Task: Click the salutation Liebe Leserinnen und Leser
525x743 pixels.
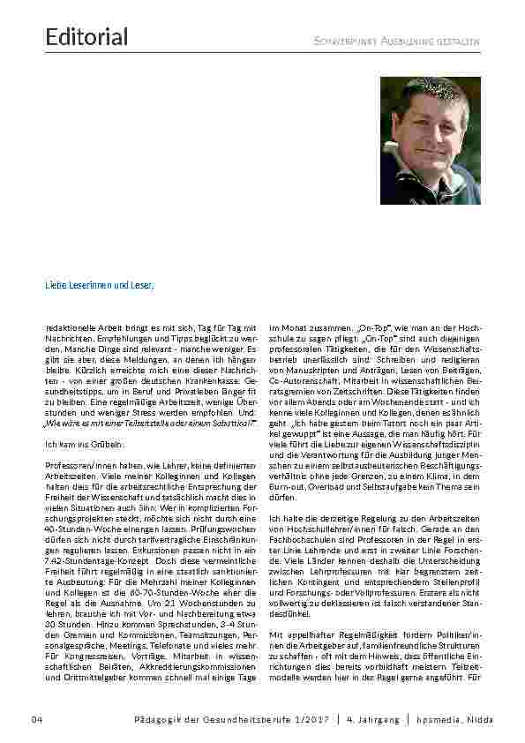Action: (100, 286)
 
